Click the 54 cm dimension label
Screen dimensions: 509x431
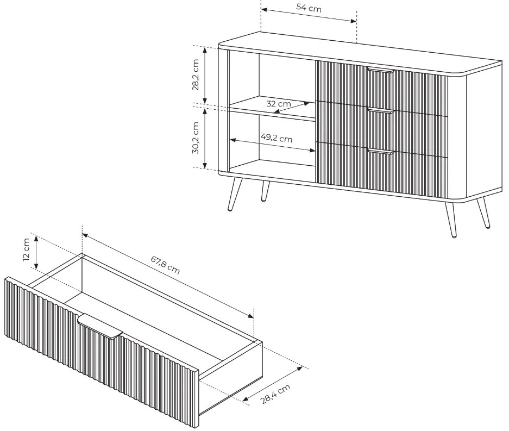coord(309,8)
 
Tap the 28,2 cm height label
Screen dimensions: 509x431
coord(196,74)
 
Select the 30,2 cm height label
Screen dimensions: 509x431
coord(196,138)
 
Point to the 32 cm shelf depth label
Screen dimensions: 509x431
coord(279,104)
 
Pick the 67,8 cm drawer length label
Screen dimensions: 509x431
coord(165,265)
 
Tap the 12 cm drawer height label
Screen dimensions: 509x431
coord(27,249)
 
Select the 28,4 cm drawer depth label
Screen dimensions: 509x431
coord(275,394)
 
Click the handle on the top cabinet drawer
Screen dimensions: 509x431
coord(381,70)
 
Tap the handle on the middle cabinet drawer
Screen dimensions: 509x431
coord(381,111)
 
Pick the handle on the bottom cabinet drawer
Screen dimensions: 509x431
coord(381,151)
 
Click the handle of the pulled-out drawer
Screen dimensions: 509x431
coord(100,326)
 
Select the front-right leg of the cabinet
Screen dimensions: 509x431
coord(450,219)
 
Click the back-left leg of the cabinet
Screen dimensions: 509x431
coord(265,191)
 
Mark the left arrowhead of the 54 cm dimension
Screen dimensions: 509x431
coord(264,9)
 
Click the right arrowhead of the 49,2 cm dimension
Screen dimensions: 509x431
coord(312,150)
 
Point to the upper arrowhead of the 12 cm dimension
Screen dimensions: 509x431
coord(36,239)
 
